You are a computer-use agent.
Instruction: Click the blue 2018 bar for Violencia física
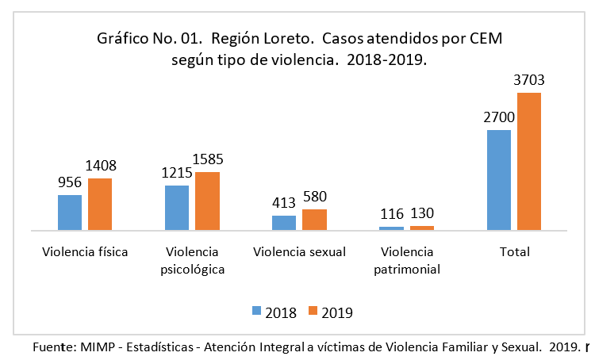tap(70, 212)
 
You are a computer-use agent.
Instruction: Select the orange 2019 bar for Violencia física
tap(100, 204)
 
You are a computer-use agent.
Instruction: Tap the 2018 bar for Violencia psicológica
tap(177, 208)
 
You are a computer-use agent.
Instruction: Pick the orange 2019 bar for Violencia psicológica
tap(207, 201)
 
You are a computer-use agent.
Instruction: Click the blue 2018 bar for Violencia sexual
tap(284, 222)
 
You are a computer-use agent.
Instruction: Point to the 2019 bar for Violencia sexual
tap(314, 220)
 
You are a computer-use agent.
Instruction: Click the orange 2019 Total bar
tap(528, 161)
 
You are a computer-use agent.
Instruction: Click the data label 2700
tap(498, 117)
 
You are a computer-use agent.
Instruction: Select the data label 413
tap(284, 203)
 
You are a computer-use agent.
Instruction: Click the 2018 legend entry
tap(274, 312)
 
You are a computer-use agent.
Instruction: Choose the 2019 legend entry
tap(331, 312)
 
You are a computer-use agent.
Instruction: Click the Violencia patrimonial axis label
tap(407, 260)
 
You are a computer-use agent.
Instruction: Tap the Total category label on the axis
tap(513, 252)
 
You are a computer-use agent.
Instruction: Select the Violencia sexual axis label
tap(299, 252)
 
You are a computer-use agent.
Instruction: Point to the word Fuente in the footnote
tap(52, 347)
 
